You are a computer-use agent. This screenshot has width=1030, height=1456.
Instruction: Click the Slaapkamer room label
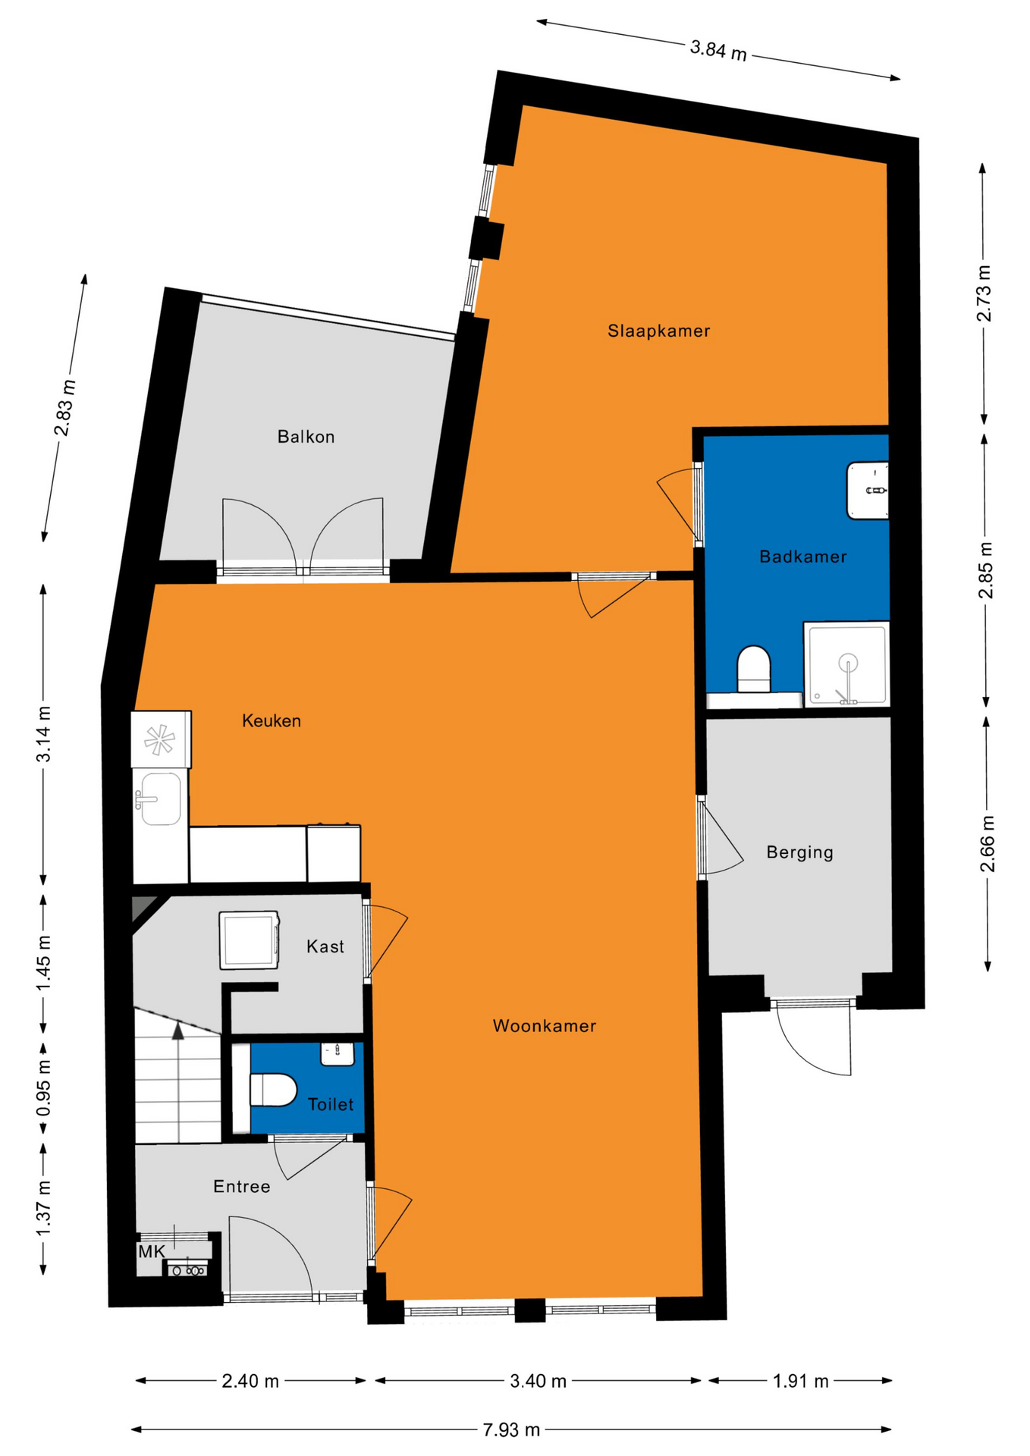pyautogui.click(x=658, y=331)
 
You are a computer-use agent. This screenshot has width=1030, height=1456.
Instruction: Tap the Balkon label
pyautogui.click(x=306, y=437)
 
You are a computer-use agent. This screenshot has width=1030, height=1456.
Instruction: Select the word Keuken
pyautogui.click(x=272, y=721)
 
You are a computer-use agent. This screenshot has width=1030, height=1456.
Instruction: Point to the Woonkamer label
pyautogui.click(x=545, y=1026)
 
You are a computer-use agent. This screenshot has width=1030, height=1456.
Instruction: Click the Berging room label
pyautogui.click(x=799, y=852)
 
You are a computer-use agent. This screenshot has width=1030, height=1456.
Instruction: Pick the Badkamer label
pyautogui.click(x=802, y=557)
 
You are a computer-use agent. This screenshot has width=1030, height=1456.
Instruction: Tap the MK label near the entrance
pyautogui.click(x=151, y=1252)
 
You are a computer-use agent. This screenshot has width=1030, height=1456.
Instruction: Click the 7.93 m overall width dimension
pyautogui.click(x=511, y=1430)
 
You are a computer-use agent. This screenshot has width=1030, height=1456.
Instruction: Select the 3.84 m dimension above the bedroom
pyautogui.click(x=718, y=51)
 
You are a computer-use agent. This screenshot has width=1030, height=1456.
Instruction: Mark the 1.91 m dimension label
pyautogui.click(x=800, y=1381)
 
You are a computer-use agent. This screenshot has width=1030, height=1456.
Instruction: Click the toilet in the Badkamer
pyautogui.click(x=753, y=668)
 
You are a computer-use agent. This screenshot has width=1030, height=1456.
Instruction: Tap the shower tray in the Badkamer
pyautogui.click(x=846, y=664)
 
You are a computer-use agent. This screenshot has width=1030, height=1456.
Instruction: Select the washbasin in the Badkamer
pyautogui.click(x=868, y=491)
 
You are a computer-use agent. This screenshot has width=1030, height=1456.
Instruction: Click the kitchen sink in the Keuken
pyautogui.click(x=159, y=798)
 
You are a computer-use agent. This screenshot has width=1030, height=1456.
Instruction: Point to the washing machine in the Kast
pyautogui.click(x=249, y=940)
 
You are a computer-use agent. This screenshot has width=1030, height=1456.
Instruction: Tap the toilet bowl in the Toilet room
pyautogui.click(x=273, y=1090)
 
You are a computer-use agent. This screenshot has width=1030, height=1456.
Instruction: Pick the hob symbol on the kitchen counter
pyautogui.click(x=159, y=740)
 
